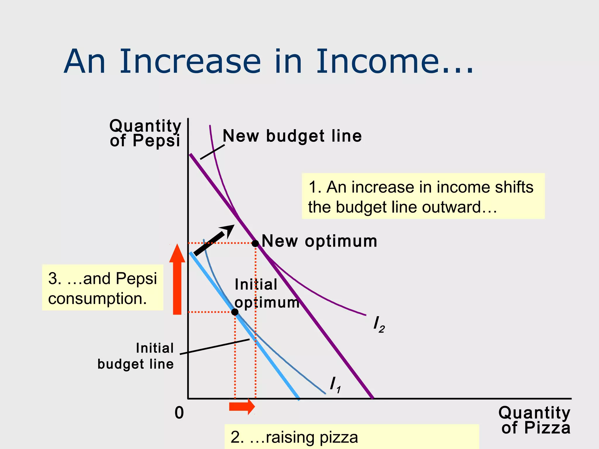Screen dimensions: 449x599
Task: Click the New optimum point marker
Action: (x=255, y=243)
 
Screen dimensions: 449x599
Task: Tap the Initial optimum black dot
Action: (x=235, y=312)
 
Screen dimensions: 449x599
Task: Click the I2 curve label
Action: (x=379, y=324)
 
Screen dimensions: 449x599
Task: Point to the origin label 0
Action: (x=179, y=413)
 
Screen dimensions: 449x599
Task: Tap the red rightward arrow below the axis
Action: (x=242, y=407)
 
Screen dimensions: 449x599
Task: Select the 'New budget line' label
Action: (x=292, y=136)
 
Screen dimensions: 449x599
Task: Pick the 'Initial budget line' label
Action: (x=136, y=356)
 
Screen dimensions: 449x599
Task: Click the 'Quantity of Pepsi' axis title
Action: (x=145, y=133)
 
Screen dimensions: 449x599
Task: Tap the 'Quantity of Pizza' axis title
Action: (x=534, y=420)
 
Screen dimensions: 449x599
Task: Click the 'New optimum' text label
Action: (x=319, y=241)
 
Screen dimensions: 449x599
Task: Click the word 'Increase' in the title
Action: (x=190, y=62)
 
